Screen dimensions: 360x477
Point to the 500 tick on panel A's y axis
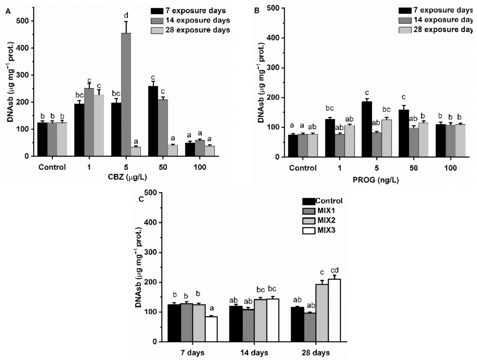[x=25, y=21]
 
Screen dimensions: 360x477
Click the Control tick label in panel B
[x=303, y=168]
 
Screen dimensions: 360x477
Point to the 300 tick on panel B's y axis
[x=271, y=68]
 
